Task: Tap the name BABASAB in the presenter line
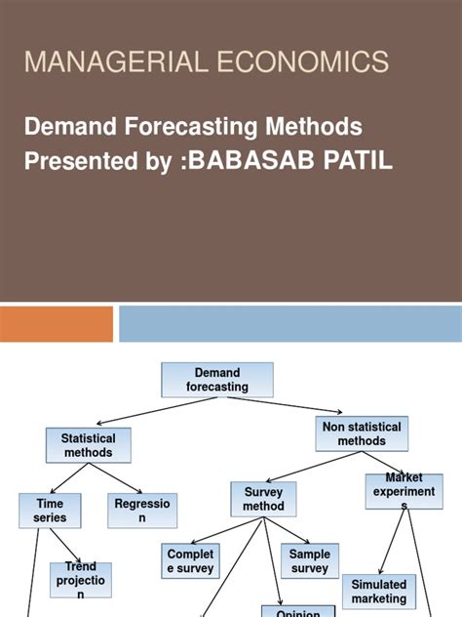(x=269, y=161)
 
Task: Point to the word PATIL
(x=359, y=161)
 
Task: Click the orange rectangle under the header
(x=57, y=324)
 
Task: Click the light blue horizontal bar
(x=290, y=324)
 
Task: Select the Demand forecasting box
(x=216, y=380)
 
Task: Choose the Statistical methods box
(x=88, y=445)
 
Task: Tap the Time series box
(x=42, y=511)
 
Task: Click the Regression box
(x=142, y=511)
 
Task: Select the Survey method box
(x=263, y=500)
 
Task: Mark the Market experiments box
(x=404, y=492)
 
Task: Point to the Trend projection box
(x=81, y=579)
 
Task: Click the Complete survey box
(x=190, y=561)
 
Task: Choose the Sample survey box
(x=310, y=561)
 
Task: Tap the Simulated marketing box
(x=379, y=592)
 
